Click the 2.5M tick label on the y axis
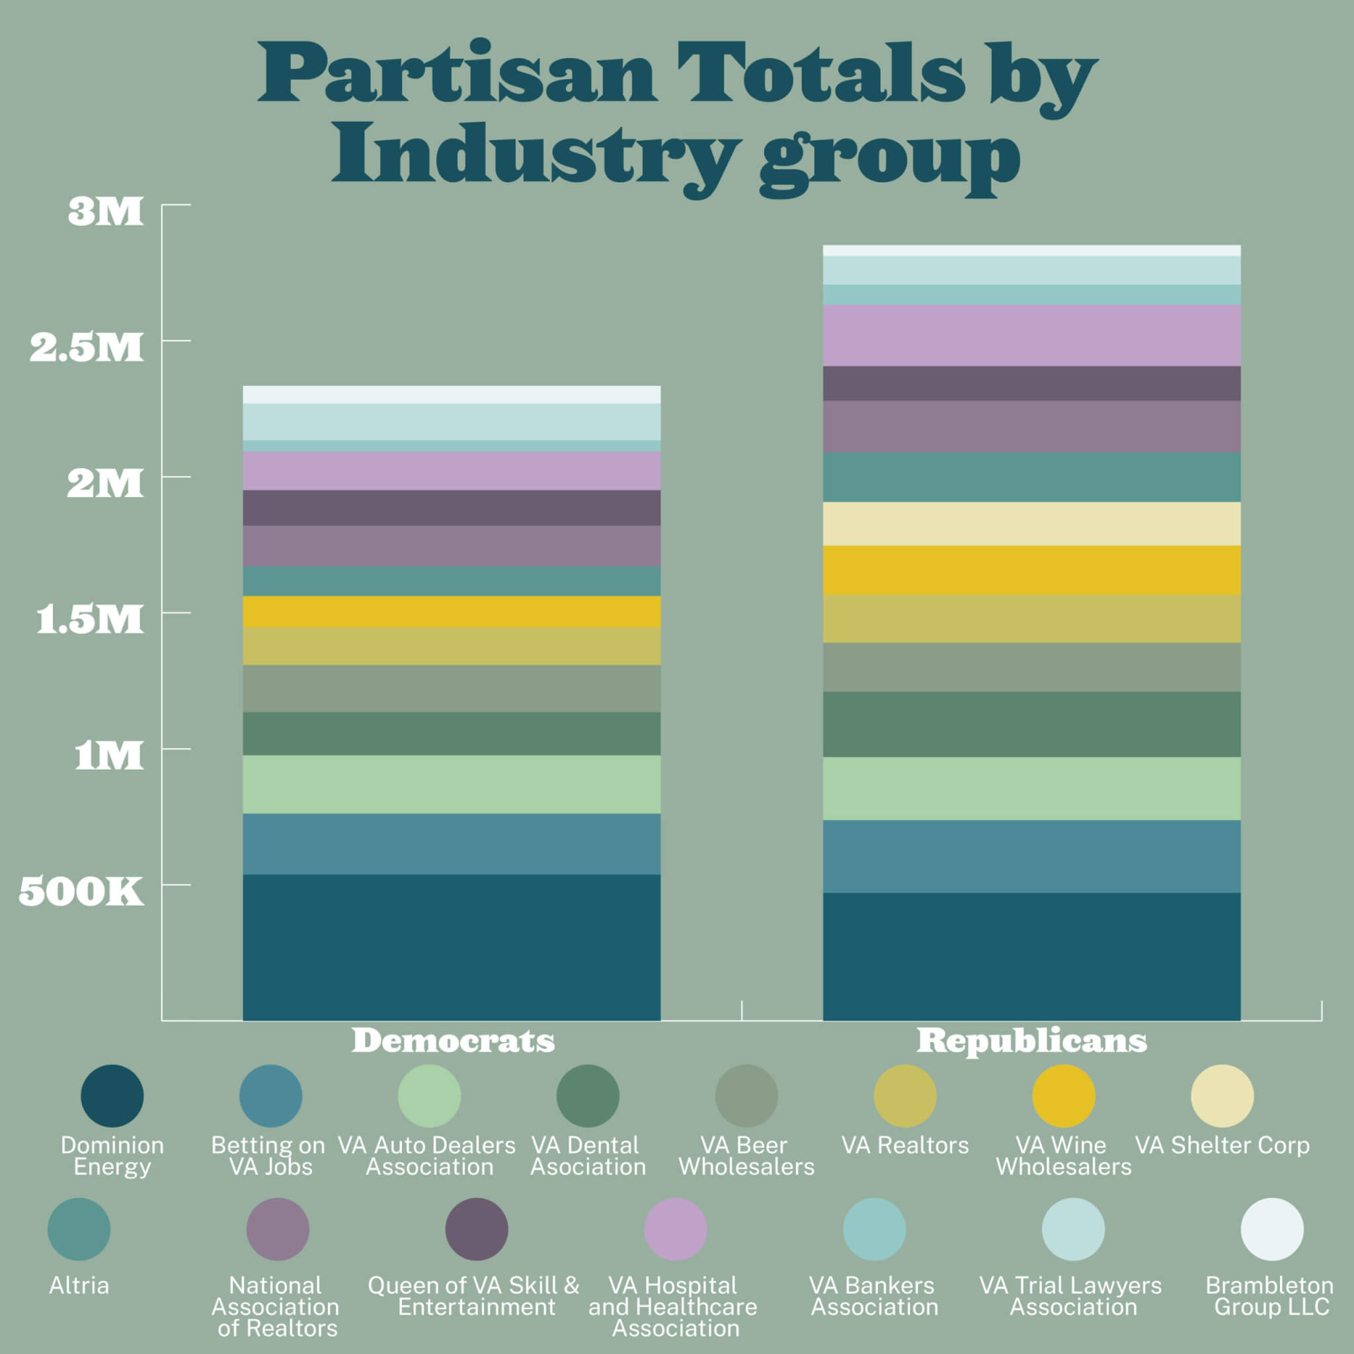(86, 348)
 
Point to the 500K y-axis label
(81, 891)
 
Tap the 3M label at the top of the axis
(105, 211)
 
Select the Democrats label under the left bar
(453, 1041)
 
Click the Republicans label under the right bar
(1031, 1041)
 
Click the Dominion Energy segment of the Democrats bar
(452, 946)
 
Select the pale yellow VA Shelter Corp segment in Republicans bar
(1031, 524)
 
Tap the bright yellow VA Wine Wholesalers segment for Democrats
(452, 611)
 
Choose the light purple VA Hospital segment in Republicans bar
(1031, 335)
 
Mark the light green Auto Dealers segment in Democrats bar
(452, 784)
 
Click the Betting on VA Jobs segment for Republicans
(1031, 856)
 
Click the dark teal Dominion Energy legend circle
(112, 1096)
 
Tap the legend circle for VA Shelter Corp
(1222, 1096)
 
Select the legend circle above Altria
(79, 1229)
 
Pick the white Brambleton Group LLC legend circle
(1272, 1229)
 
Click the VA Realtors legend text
(905, 1145)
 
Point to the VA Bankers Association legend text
(873, 1296)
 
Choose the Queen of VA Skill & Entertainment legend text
(475, 1296)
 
